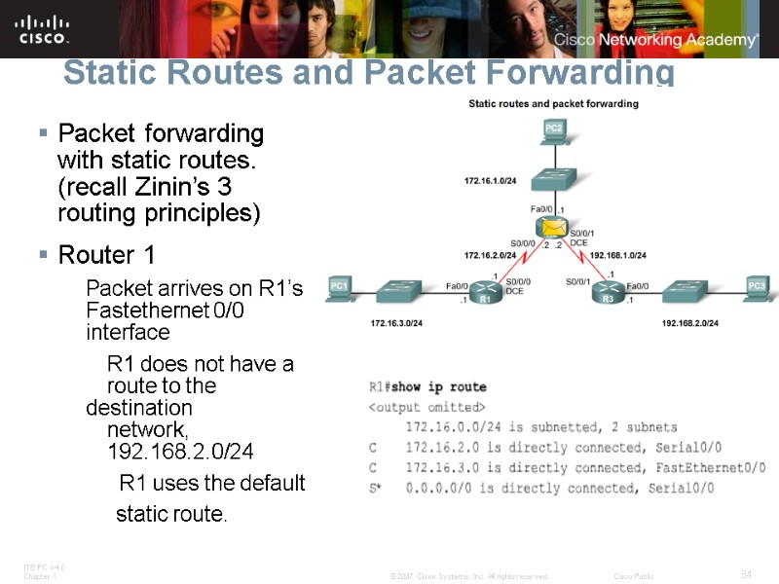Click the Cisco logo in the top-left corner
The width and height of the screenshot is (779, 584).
(43, 28)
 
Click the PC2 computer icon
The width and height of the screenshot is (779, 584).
(554, 130)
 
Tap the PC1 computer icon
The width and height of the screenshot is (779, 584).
(339, 288)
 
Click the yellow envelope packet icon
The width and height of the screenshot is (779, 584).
(553, 228)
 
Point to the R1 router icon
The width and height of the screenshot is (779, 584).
(486, 288)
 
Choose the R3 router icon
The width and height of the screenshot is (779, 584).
(610, 288)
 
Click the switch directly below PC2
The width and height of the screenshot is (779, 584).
(554, 180)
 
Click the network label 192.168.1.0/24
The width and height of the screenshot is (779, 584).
(618, 255)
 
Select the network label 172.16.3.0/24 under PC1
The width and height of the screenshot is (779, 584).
(396, 322)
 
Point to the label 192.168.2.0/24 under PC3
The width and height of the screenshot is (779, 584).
(689, 322)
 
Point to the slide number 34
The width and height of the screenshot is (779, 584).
(747, 574)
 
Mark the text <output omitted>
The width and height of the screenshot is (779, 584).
(426, 406)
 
